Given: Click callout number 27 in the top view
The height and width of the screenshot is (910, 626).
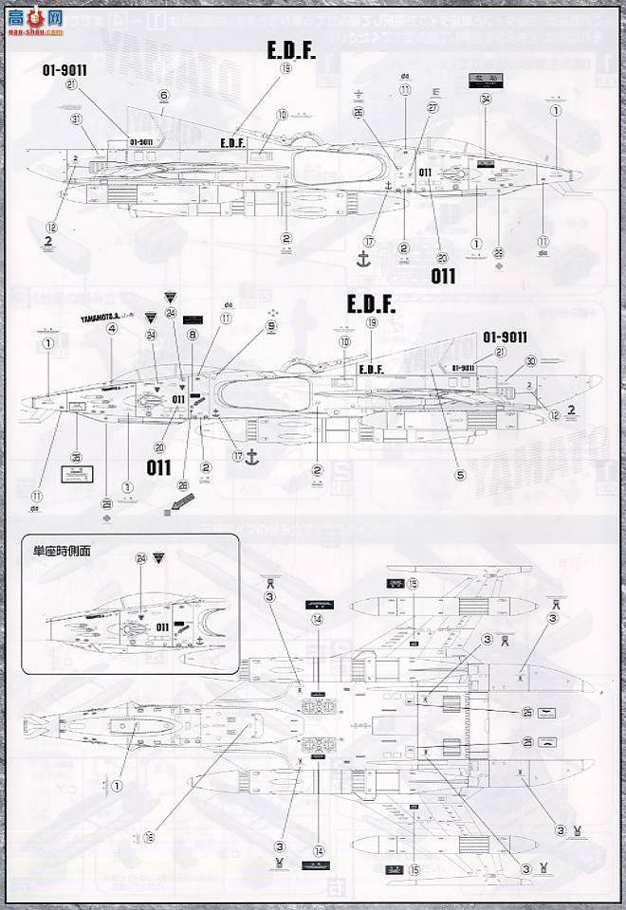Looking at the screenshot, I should click(433, 109).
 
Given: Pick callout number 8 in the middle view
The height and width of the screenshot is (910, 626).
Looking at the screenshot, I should click(193, 335).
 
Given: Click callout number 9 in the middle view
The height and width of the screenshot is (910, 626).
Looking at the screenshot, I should click(271, 325).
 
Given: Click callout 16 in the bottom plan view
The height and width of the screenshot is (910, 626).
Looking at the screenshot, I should click(150, 838).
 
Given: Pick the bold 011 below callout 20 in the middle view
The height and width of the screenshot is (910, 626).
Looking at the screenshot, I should click(158, 467).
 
